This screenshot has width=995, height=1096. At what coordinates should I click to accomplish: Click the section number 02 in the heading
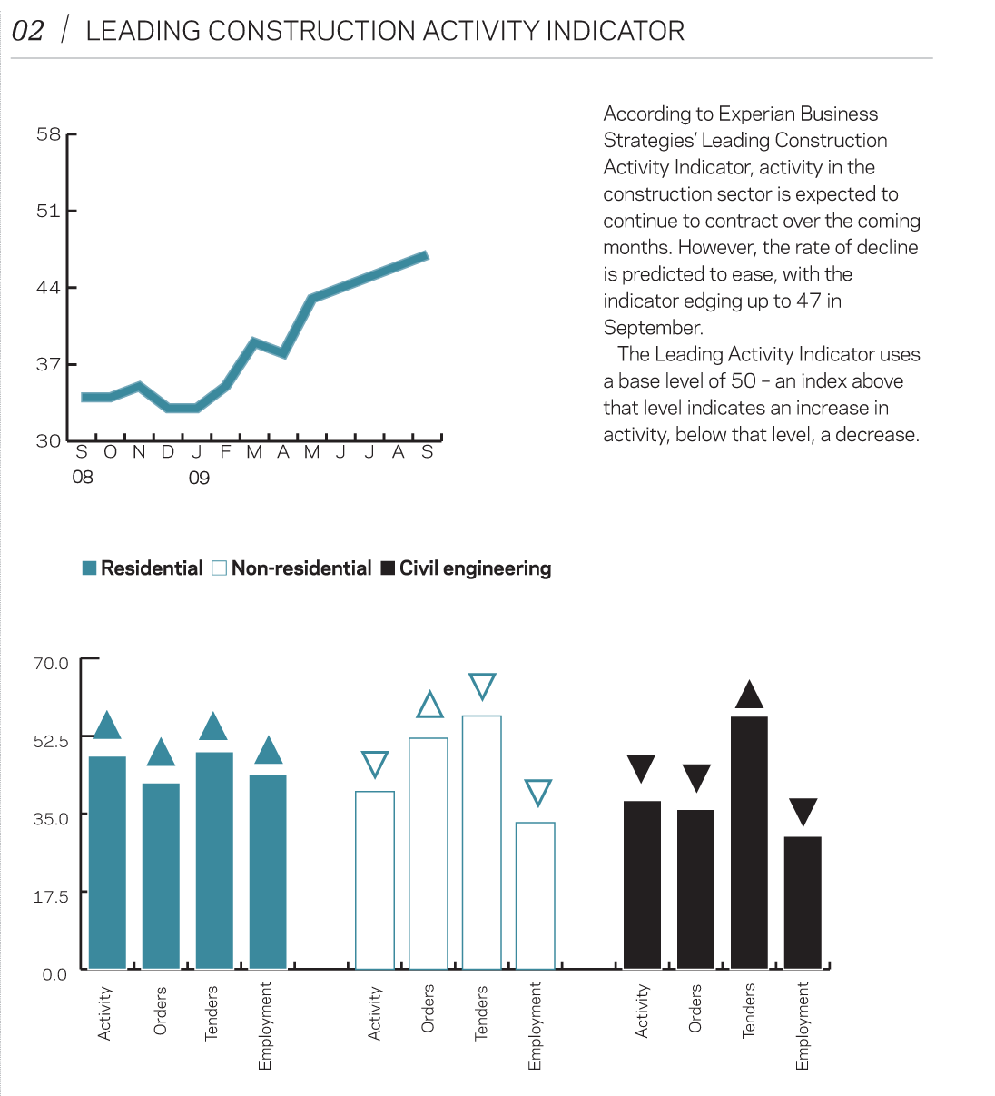coord(28,31)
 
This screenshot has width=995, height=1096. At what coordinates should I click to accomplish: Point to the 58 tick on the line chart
coord(49,134)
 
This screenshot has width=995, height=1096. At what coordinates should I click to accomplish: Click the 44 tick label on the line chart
coord(49,288)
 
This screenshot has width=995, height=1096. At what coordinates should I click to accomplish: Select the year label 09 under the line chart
coord(199,478)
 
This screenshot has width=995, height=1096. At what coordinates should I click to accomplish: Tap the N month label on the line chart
coord(139,452)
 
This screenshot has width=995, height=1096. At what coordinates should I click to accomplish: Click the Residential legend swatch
coord(89,568)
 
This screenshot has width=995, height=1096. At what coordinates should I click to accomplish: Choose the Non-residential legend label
coord(301,568)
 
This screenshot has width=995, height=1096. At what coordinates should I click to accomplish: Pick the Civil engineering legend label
coord(475,568)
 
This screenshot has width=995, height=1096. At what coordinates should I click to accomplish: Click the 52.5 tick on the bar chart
coord(51,741)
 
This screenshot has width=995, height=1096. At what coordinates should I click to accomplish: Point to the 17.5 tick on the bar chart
coord(51,896)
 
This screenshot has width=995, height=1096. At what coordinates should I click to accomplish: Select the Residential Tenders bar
coord(214,860)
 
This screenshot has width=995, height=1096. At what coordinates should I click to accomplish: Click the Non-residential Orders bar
coord(429,854)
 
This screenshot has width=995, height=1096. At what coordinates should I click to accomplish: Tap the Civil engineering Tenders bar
coord(749,843)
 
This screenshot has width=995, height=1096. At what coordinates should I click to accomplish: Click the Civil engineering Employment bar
coord(803,903)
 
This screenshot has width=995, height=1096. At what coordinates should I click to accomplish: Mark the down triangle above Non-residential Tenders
coord(482,686)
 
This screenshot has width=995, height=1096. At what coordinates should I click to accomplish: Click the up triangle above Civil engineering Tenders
coord(749,695)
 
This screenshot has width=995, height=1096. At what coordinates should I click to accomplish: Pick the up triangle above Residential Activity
coord(107,726)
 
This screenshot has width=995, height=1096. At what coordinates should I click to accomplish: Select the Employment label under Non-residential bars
coord(535,1026)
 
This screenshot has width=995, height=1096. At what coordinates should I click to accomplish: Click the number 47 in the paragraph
coord(808,301)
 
